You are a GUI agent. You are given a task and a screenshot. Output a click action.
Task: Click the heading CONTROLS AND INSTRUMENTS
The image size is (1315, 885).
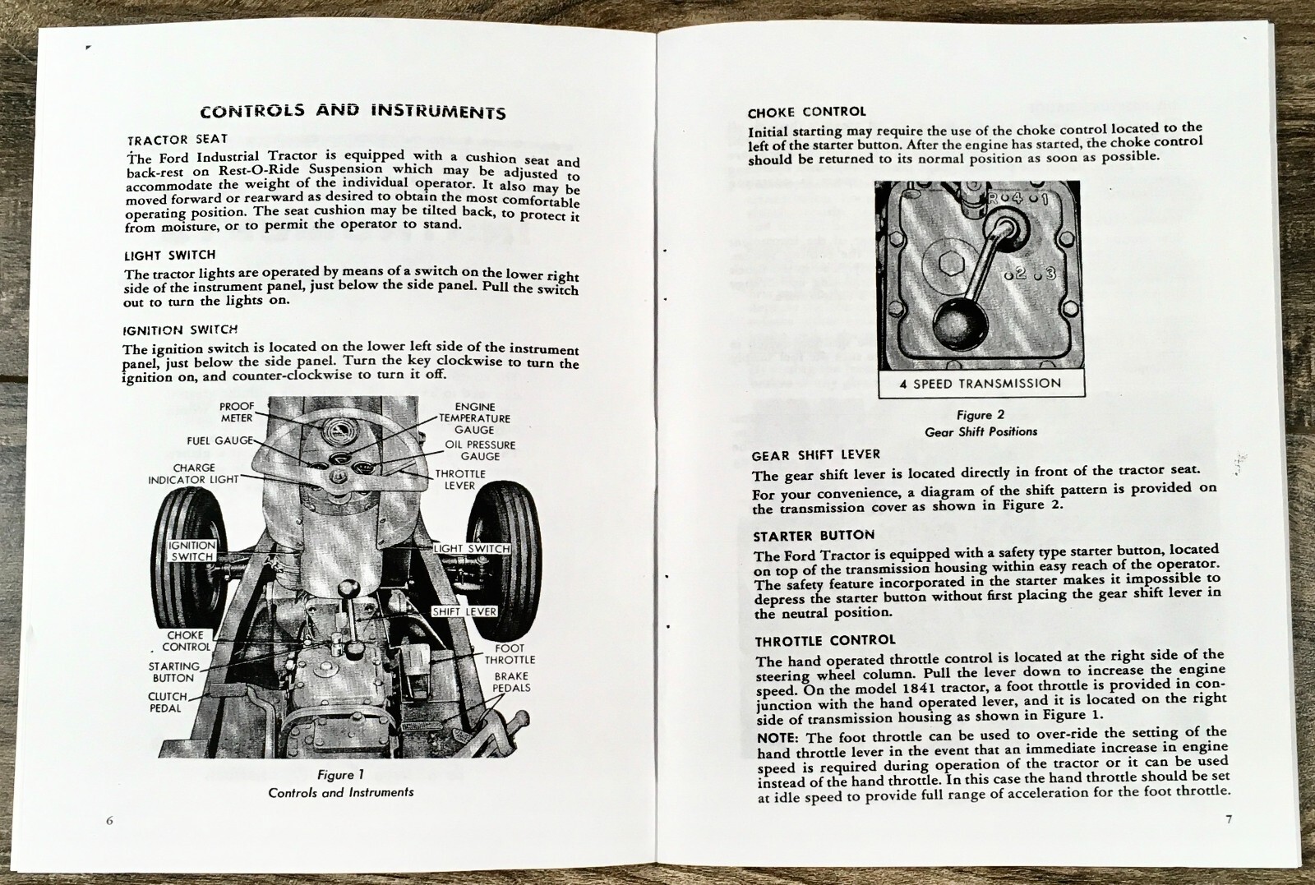(x=353, y=111)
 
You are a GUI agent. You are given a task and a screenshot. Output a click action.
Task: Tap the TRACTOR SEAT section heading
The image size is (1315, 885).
(x=178, y=140)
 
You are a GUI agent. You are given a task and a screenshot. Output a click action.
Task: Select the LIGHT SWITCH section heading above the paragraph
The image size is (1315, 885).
(x=170, y=256)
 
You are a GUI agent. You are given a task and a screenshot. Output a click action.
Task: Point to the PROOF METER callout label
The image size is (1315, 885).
(x=237, y=413)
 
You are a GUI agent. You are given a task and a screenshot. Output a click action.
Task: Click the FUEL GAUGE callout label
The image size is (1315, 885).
(x=219, y=441)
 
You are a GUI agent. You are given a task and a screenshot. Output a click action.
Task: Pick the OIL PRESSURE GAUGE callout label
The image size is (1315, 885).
(x=480, y=450)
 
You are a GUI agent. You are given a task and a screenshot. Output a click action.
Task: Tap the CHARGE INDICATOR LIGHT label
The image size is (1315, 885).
(x=193, y=474)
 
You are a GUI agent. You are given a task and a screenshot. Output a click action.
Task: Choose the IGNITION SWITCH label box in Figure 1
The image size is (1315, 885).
(x=191, y=551)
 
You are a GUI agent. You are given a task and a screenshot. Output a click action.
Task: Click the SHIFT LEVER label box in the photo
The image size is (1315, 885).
(x=464, y=611)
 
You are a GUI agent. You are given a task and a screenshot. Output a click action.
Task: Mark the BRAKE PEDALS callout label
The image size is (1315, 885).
(x=511, y=682)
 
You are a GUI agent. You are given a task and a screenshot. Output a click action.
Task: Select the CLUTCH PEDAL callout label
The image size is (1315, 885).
(x=167, y=702)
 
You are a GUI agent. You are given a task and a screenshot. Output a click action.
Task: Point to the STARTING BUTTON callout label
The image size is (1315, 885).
(x=173, y=672)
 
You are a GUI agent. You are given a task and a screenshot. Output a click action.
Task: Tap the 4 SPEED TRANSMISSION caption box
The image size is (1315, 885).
(x=980, y=384)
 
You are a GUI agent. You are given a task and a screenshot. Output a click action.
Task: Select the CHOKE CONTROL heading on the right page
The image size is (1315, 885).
(x=806, y=113)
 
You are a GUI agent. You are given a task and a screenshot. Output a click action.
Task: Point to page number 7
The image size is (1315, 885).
(x=1229, y=818)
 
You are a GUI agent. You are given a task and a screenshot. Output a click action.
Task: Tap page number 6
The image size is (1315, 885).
(x=109, y=821)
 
